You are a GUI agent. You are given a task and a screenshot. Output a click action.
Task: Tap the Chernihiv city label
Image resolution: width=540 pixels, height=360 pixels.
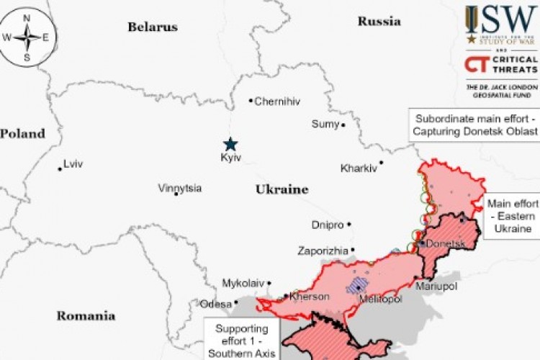276,102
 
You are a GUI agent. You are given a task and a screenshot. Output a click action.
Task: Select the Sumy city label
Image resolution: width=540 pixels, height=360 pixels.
325,125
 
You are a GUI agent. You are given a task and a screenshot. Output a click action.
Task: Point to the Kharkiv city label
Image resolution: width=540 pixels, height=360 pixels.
359,168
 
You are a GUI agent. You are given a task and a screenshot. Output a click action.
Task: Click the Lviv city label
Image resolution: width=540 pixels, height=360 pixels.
73,164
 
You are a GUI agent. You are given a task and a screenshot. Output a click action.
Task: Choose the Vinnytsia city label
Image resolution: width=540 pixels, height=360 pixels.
180,189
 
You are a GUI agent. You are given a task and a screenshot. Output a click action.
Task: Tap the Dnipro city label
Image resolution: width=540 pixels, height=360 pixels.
328,225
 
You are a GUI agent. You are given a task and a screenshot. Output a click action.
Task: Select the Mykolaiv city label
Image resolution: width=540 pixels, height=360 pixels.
243,282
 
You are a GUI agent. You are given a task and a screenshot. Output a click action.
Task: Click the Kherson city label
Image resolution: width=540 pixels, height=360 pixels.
310,297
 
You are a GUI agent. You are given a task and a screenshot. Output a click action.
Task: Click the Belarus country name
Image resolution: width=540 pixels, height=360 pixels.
152,27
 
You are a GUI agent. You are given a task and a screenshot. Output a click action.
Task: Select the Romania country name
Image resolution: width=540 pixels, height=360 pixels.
86,315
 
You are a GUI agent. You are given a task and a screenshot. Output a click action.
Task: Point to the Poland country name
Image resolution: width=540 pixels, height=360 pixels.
22,133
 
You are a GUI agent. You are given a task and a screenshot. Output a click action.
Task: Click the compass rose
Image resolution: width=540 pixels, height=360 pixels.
27,37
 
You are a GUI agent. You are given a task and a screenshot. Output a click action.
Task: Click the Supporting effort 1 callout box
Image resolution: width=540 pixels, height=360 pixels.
239,340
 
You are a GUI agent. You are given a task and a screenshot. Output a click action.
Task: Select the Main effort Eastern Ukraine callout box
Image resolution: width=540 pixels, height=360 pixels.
512,216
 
